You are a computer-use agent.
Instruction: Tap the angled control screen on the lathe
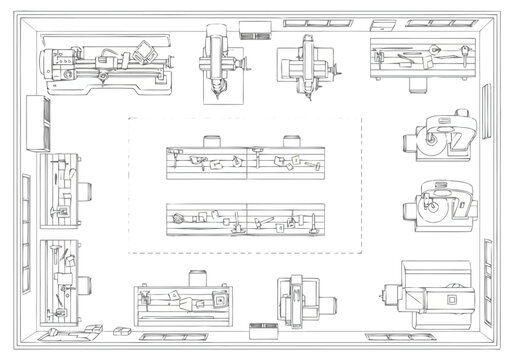[x=147, y=49]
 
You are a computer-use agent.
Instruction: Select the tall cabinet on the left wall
[x=41, y=120]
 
